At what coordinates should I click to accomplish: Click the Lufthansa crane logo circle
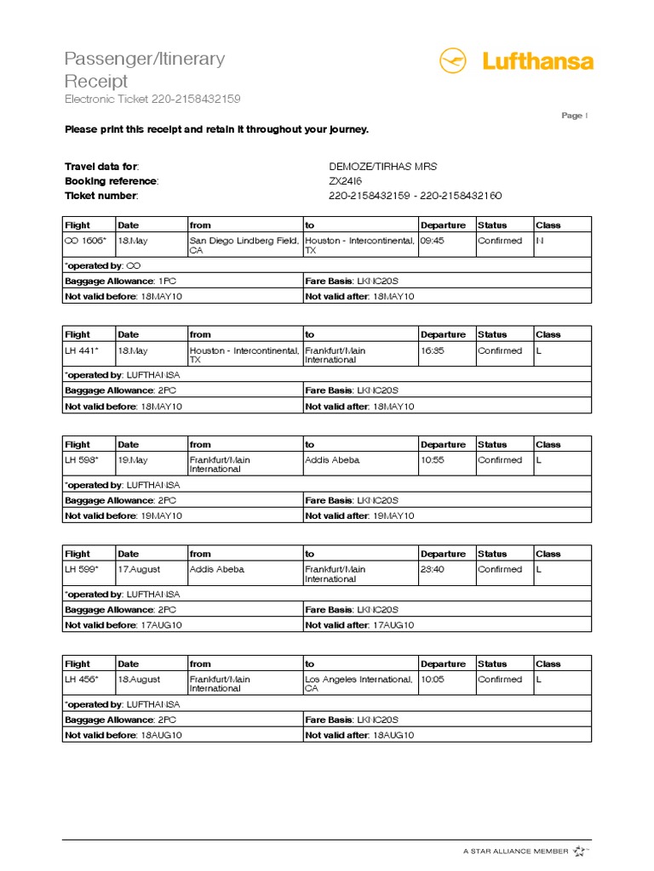coord(454,61)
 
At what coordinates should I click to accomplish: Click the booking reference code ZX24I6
coord(346,181)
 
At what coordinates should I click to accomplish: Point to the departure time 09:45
coord(433,241)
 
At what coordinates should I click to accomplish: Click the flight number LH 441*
coord(82,350)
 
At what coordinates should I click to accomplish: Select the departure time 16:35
coord(433,350)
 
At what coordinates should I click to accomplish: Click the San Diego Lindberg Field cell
coord(244,245)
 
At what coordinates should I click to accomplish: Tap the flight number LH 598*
coord(82,460)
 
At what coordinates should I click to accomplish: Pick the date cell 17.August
coord(139,570)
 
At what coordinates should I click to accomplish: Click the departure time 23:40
coord(433,570)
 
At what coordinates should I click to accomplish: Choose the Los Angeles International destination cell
coord(359,684)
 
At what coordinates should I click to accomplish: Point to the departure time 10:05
coord(433,680)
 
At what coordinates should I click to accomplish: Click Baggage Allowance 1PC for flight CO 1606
coord(120,281)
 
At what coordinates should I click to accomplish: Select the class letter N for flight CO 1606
coord(539,241)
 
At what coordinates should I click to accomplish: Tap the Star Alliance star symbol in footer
coord(580,850)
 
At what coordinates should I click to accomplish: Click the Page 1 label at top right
coord(574,116)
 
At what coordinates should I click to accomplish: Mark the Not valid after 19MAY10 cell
coord(359,515)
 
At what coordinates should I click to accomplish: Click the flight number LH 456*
coord(82,680)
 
